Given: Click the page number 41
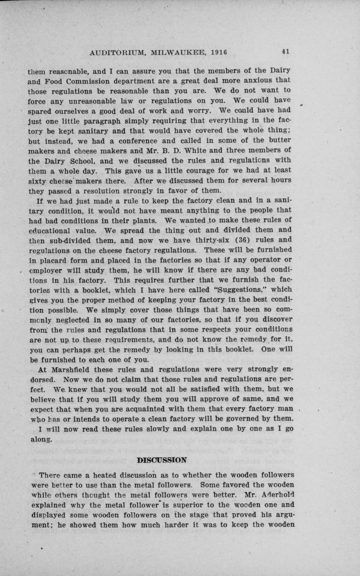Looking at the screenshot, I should (x=286, y=52).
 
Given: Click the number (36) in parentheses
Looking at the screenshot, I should (x=232, y=240).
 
